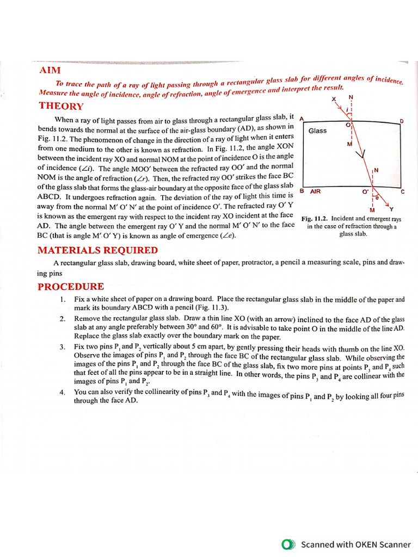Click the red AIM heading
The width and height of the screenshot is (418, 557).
(50, 71)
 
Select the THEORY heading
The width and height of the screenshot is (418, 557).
(60, 107)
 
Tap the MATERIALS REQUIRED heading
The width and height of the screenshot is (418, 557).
(97, 250)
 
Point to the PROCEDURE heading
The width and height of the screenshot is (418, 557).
(71, 287)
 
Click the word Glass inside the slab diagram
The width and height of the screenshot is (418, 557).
(317, 131)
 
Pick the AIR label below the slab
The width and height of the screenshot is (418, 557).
(315, 191)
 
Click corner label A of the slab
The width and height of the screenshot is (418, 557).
(302, 119)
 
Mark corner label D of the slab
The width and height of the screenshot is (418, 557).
(402, 121)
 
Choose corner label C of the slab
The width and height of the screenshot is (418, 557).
(402, 192)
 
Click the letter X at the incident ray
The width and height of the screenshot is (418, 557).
(334, 100)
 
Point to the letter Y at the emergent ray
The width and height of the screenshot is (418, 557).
(392, 209)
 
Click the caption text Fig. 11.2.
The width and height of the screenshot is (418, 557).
(313, 219)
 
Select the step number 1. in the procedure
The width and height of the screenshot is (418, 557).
(63, 299)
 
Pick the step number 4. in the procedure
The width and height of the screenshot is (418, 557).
(63, 392)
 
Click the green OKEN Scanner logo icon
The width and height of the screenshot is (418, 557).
(288, 544)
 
